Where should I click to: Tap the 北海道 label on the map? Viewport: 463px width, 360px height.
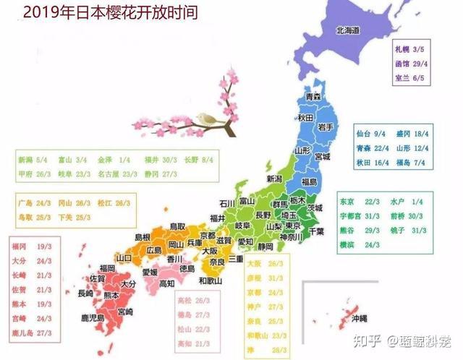347,30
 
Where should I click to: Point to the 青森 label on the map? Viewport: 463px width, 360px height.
313,96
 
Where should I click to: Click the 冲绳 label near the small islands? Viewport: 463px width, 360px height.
359,318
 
